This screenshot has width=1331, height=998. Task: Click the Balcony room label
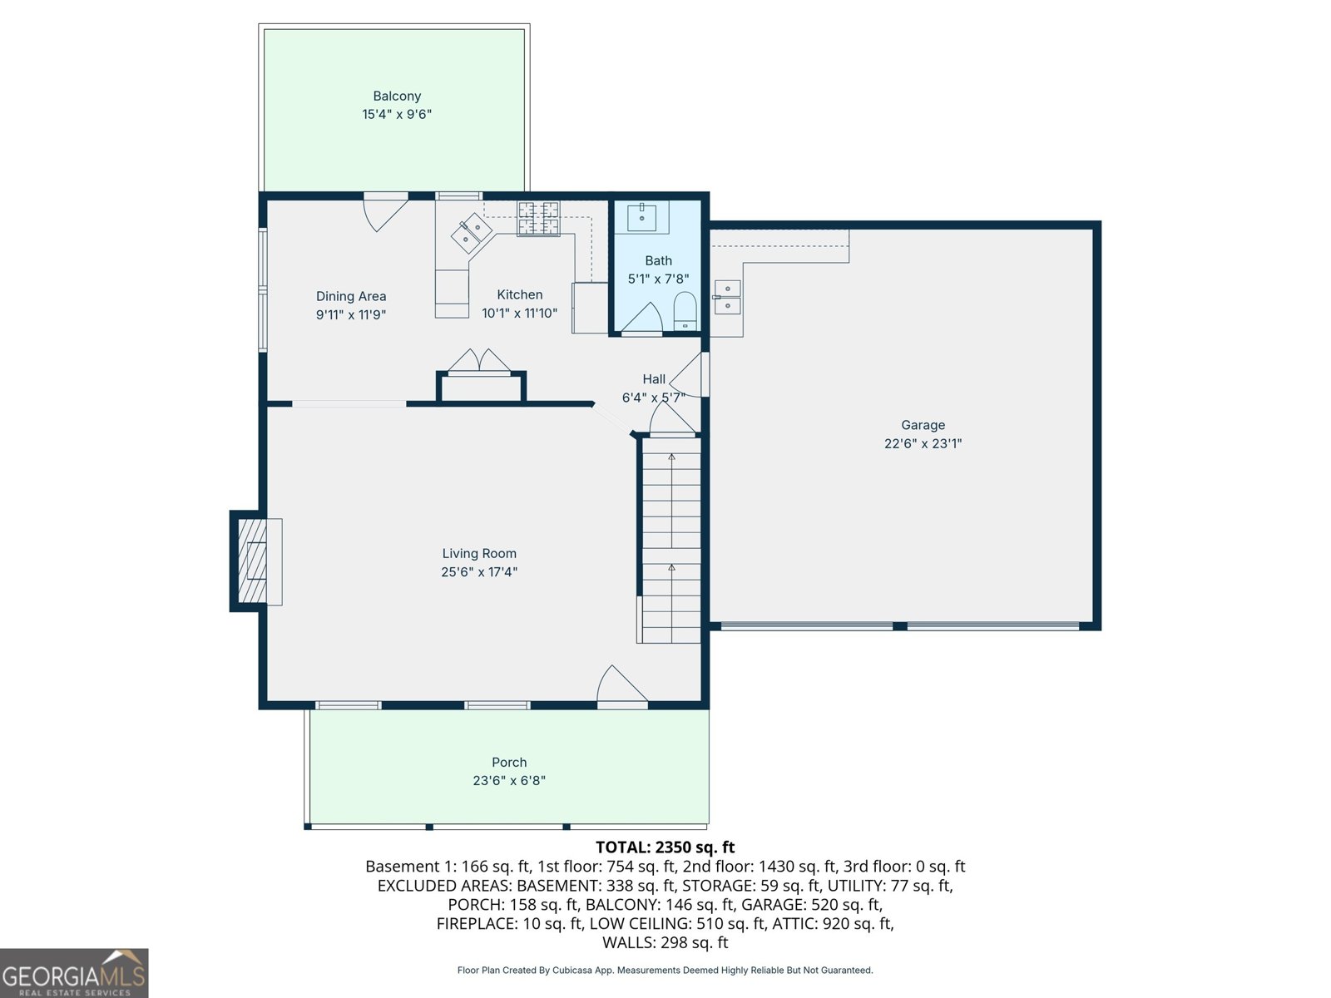click(397, 96)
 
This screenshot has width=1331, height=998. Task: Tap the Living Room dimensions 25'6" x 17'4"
click(479, 572)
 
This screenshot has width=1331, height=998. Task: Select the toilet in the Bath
click(685, 311)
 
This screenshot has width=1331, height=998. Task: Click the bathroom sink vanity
click(642, 216)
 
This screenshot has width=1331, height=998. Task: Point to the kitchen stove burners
click(538, 218)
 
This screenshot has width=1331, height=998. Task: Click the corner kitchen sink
click(472, 232)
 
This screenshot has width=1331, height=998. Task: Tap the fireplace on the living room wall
click(254, 561)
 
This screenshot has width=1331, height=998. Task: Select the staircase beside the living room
click(671, 541)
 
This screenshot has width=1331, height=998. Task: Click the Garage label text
click(923, 425)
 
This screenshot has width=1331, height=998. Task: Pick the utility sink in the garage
click(727, 297)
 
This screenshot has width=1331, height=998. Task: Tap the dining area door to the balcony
click(384, 211)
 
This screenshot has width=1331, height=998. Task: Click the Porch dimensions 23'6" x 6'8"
click(509, 781)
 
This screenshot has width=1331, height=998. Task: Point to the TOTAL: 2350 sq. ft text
click(665, 847)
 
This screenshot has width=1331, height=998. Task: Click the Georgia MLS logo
click(74, 973)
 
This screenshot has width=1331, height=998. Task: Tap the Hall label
click(654, 379)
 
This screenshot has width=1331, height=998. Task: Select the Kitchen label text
click(520, 294)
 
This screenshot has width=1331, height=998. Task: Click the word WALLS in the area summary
click(628, 943)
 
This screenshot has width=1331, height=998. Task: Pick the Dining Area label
click(351, 296)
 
